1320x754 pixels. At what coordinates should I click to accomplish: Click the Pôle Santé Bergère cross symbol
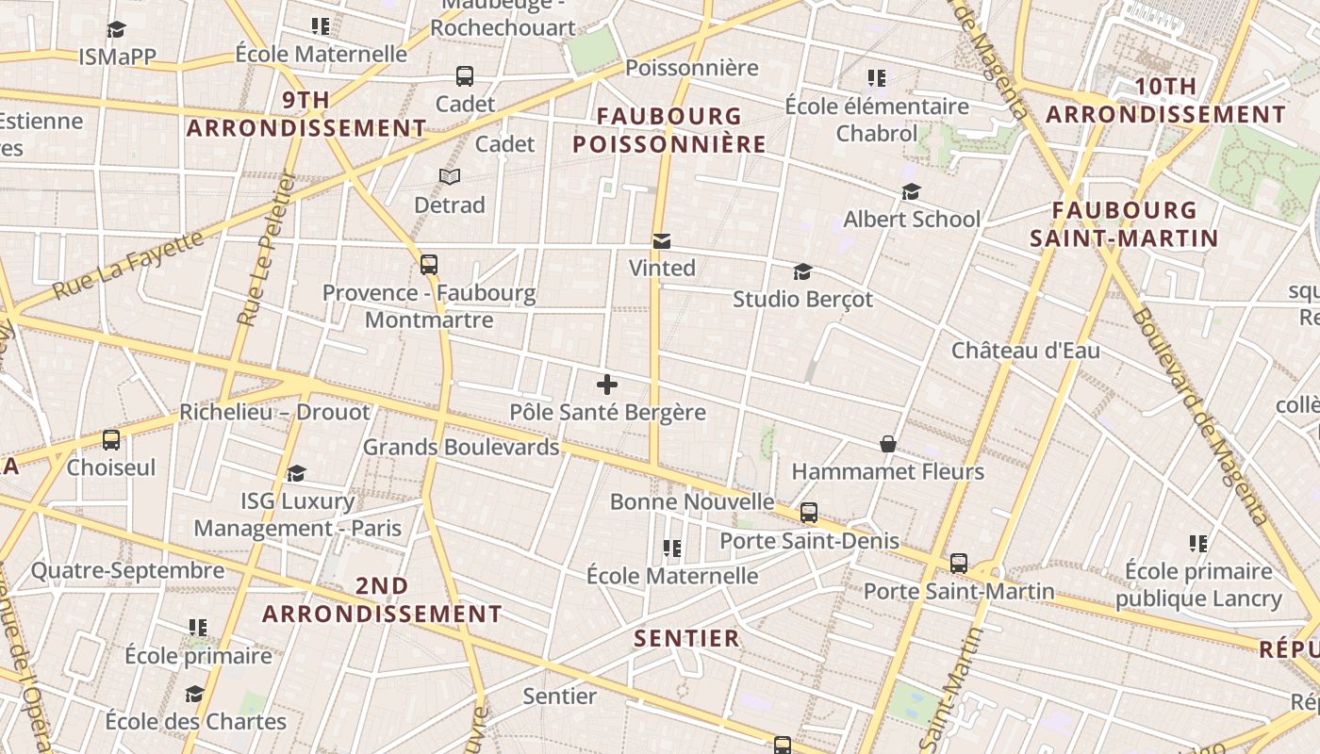(x=607, y=385)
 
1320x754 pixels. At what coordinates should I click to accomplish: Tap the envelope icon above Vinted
(x=662, y=242)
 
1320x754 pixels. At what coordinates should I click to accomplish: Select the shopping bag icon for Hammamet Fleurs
(x=887, y=444)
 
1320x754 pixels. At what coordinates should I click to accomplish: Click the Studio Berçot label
(x=802, y=300)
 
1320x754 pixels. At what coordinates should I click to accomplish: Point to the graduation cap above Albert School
(x=911, y=192)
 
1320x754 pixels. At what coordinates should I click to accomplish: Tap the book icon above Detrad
(x=450, y=177)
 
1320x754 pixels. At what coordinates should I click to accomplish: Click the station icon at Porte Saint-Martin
(x=959, y=564)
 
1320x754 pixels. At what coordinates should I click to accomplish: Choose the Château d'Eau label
(x=1025, y=351)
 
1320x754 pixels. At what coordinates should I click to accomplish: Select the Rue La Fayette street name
(x=128, y=266)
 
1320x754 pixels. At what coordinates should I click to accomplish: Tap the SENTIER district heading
(x=686, y=638)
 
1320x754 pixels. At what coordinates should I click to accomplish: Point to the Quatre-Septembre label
(x=128, y=570)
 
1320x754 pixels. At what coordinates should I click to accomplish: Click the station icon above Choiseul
(x=111, y=439)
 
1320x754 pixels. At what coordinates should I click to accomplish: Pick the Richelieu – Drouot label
(x=274, y=412)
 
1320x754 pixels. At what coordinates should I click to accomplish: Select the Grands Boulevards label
(x=461, y=447)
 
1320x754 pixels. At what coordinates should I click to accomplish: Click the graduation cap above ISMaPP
(x=116, y=30)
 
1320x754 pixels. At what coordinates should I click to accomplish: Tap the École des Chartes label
(x=195, y=722)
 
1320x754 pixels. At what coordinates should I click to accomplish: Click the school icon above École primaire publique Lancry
(x=1198, y=543)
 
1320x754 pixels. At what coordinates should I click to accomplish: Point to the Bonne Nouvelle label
(x=692, y=501)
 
